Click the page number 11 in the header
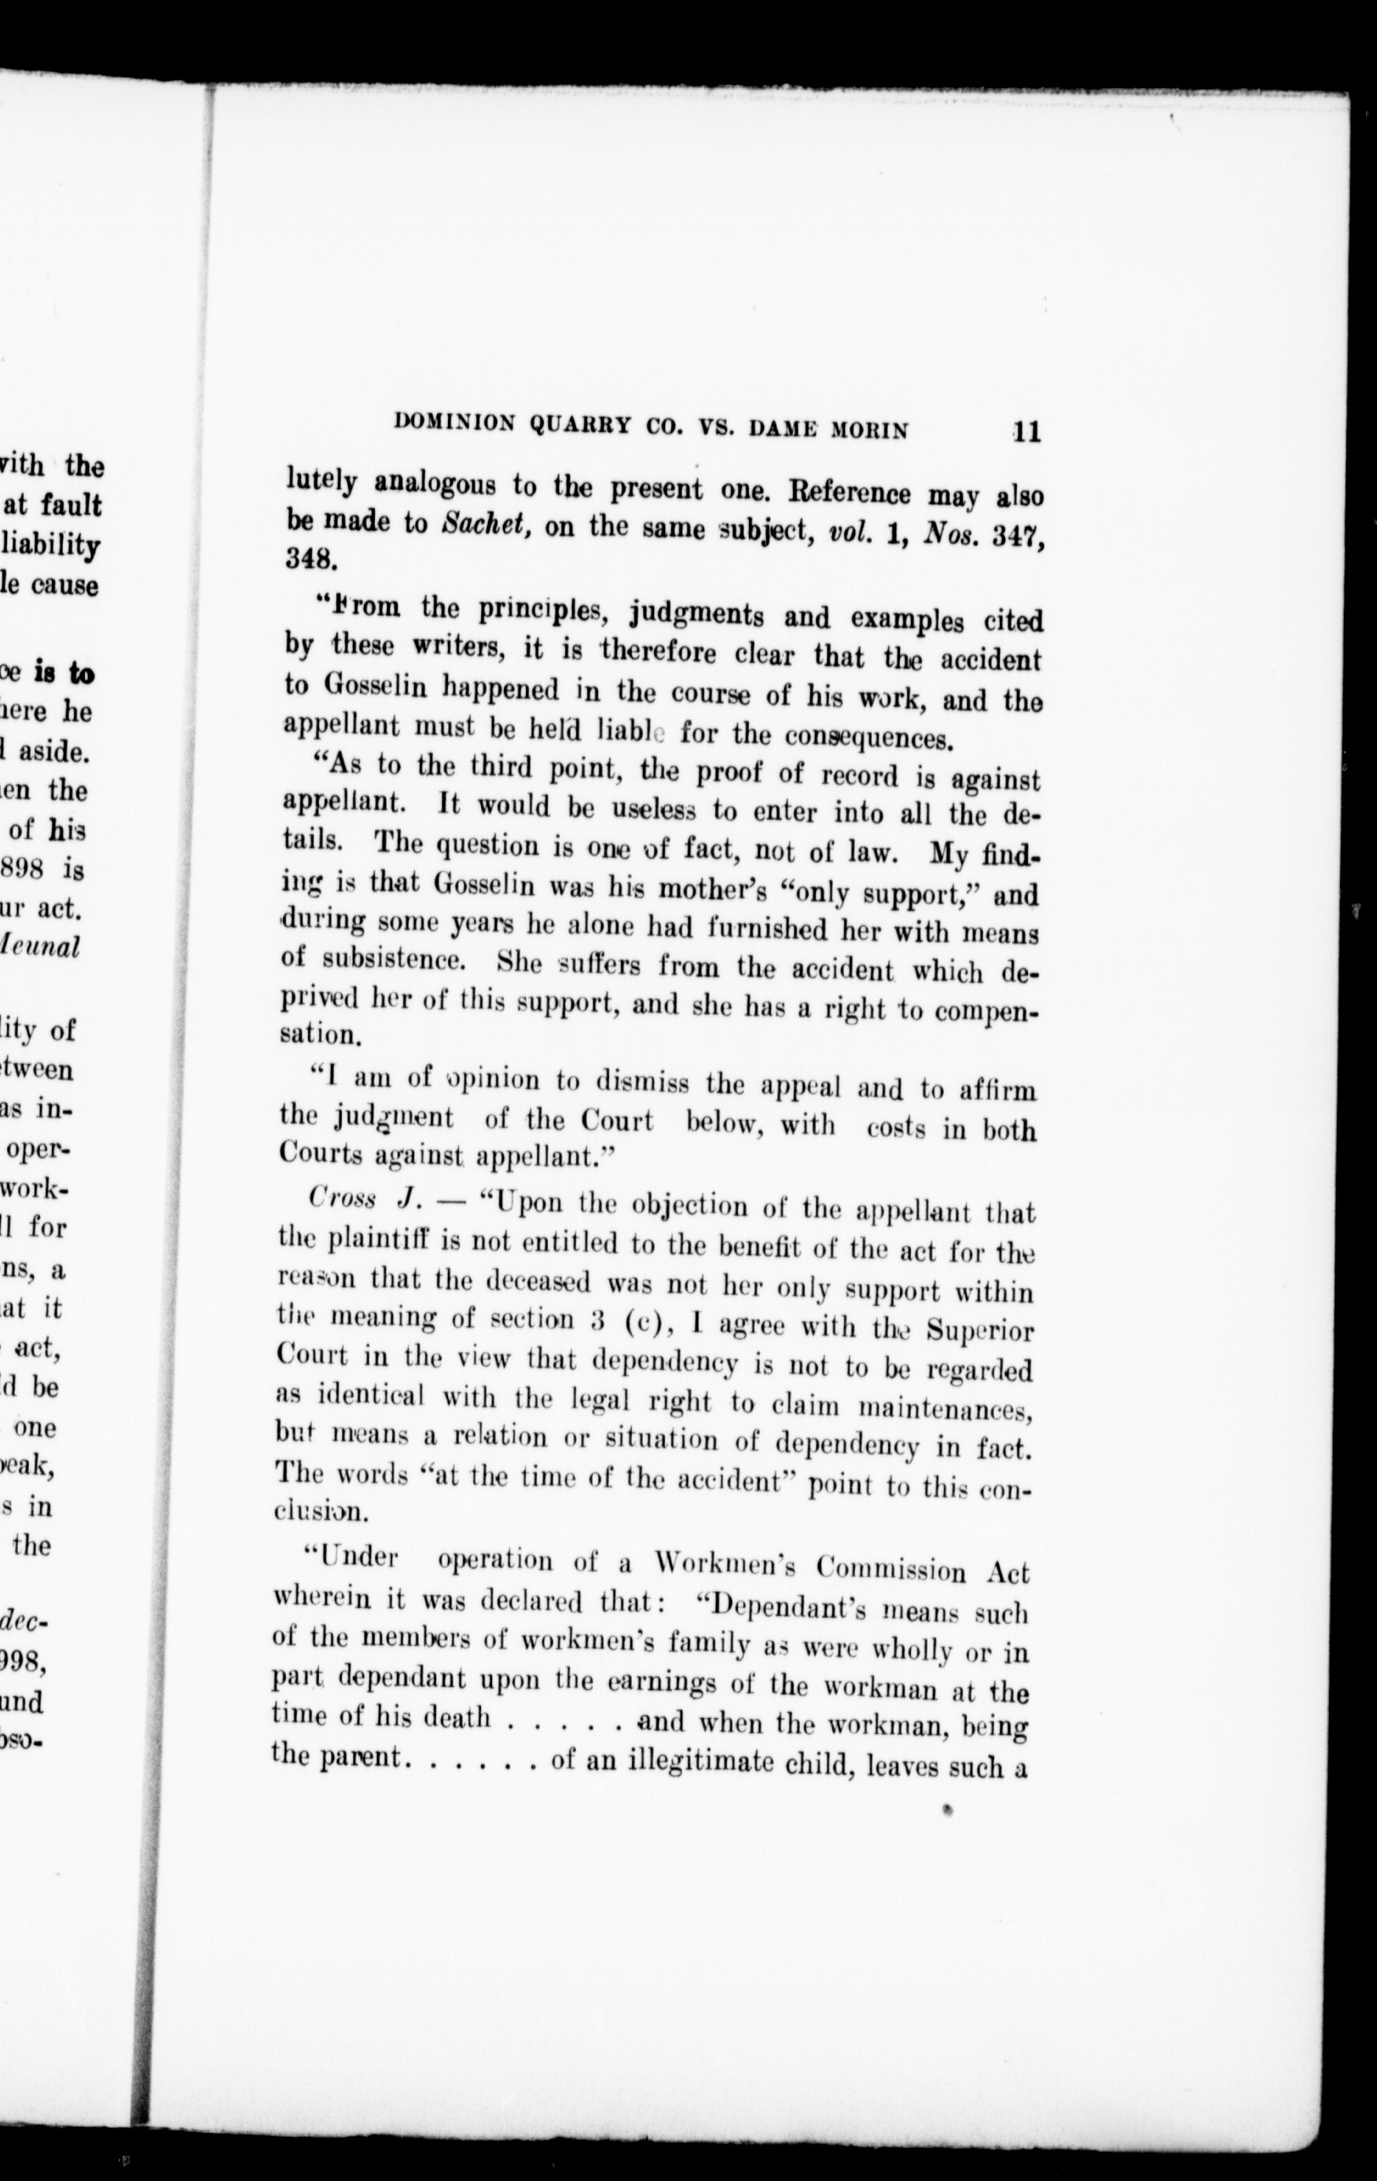[1027, 431]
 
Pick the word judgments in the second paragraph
[700, 614]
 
